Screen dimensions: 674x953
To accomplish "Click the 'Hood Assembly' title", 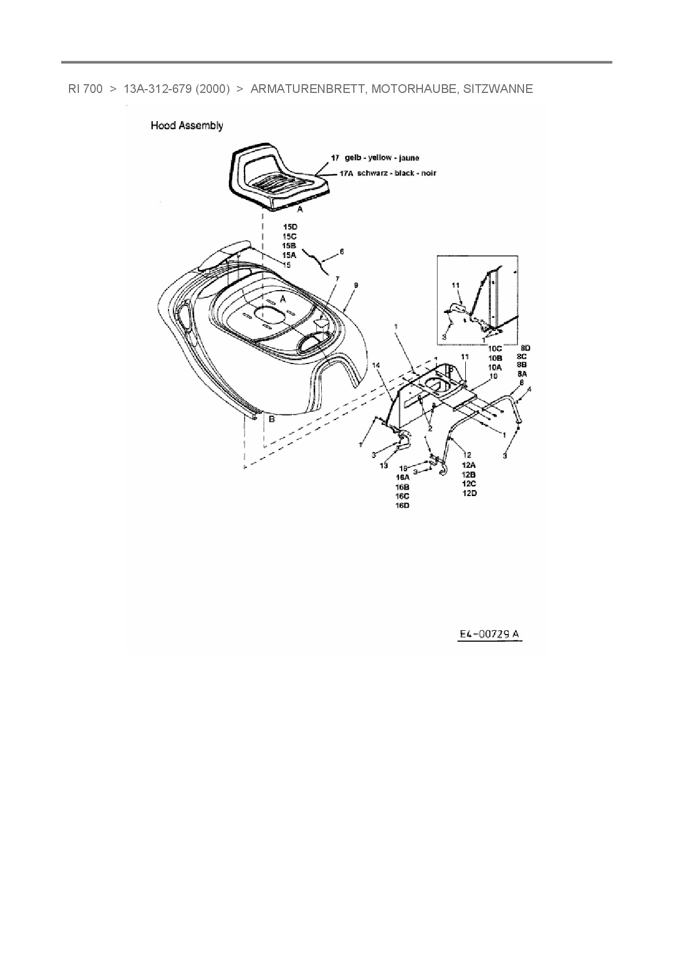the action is [x=186, y=126].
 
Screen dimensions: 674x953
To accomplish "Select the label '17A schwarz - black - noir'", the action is [x=388, y=173].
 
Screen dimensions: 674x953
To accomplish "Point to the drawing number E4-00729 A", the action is [x=489, y=634].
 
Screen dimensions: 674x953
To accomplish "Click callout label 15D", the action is [x=290, y=227].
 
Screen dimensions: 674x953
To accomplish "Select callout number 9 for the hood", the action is [x=355, y=285].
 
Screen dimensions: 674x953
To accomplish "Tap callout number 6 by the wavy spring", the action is [x=341, y=252].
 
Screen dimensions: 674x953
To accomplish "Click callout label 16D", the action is [x=402, y=505].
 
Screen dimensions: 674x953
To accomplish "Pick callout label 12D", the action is [x=469, y=493].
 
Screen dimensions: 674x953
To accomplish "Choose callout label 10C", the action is [x=495, y=349].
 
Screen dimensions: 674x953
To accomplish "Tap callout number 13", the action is [x=384, y=466].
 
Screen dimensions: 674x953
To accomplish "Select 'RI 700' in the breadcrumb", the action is [x=85, y=89].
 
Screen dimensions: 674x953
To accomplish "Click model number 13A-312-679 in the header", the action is [x=158, y=89].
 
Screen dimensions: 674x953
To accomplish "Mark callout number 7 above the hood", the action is [x=337, y=279].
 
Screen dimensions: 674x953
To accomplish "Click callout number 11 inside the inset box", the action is [x=455, y=285].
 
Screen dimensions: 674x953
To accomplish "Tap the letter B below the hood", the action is [x=272, y=419].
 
